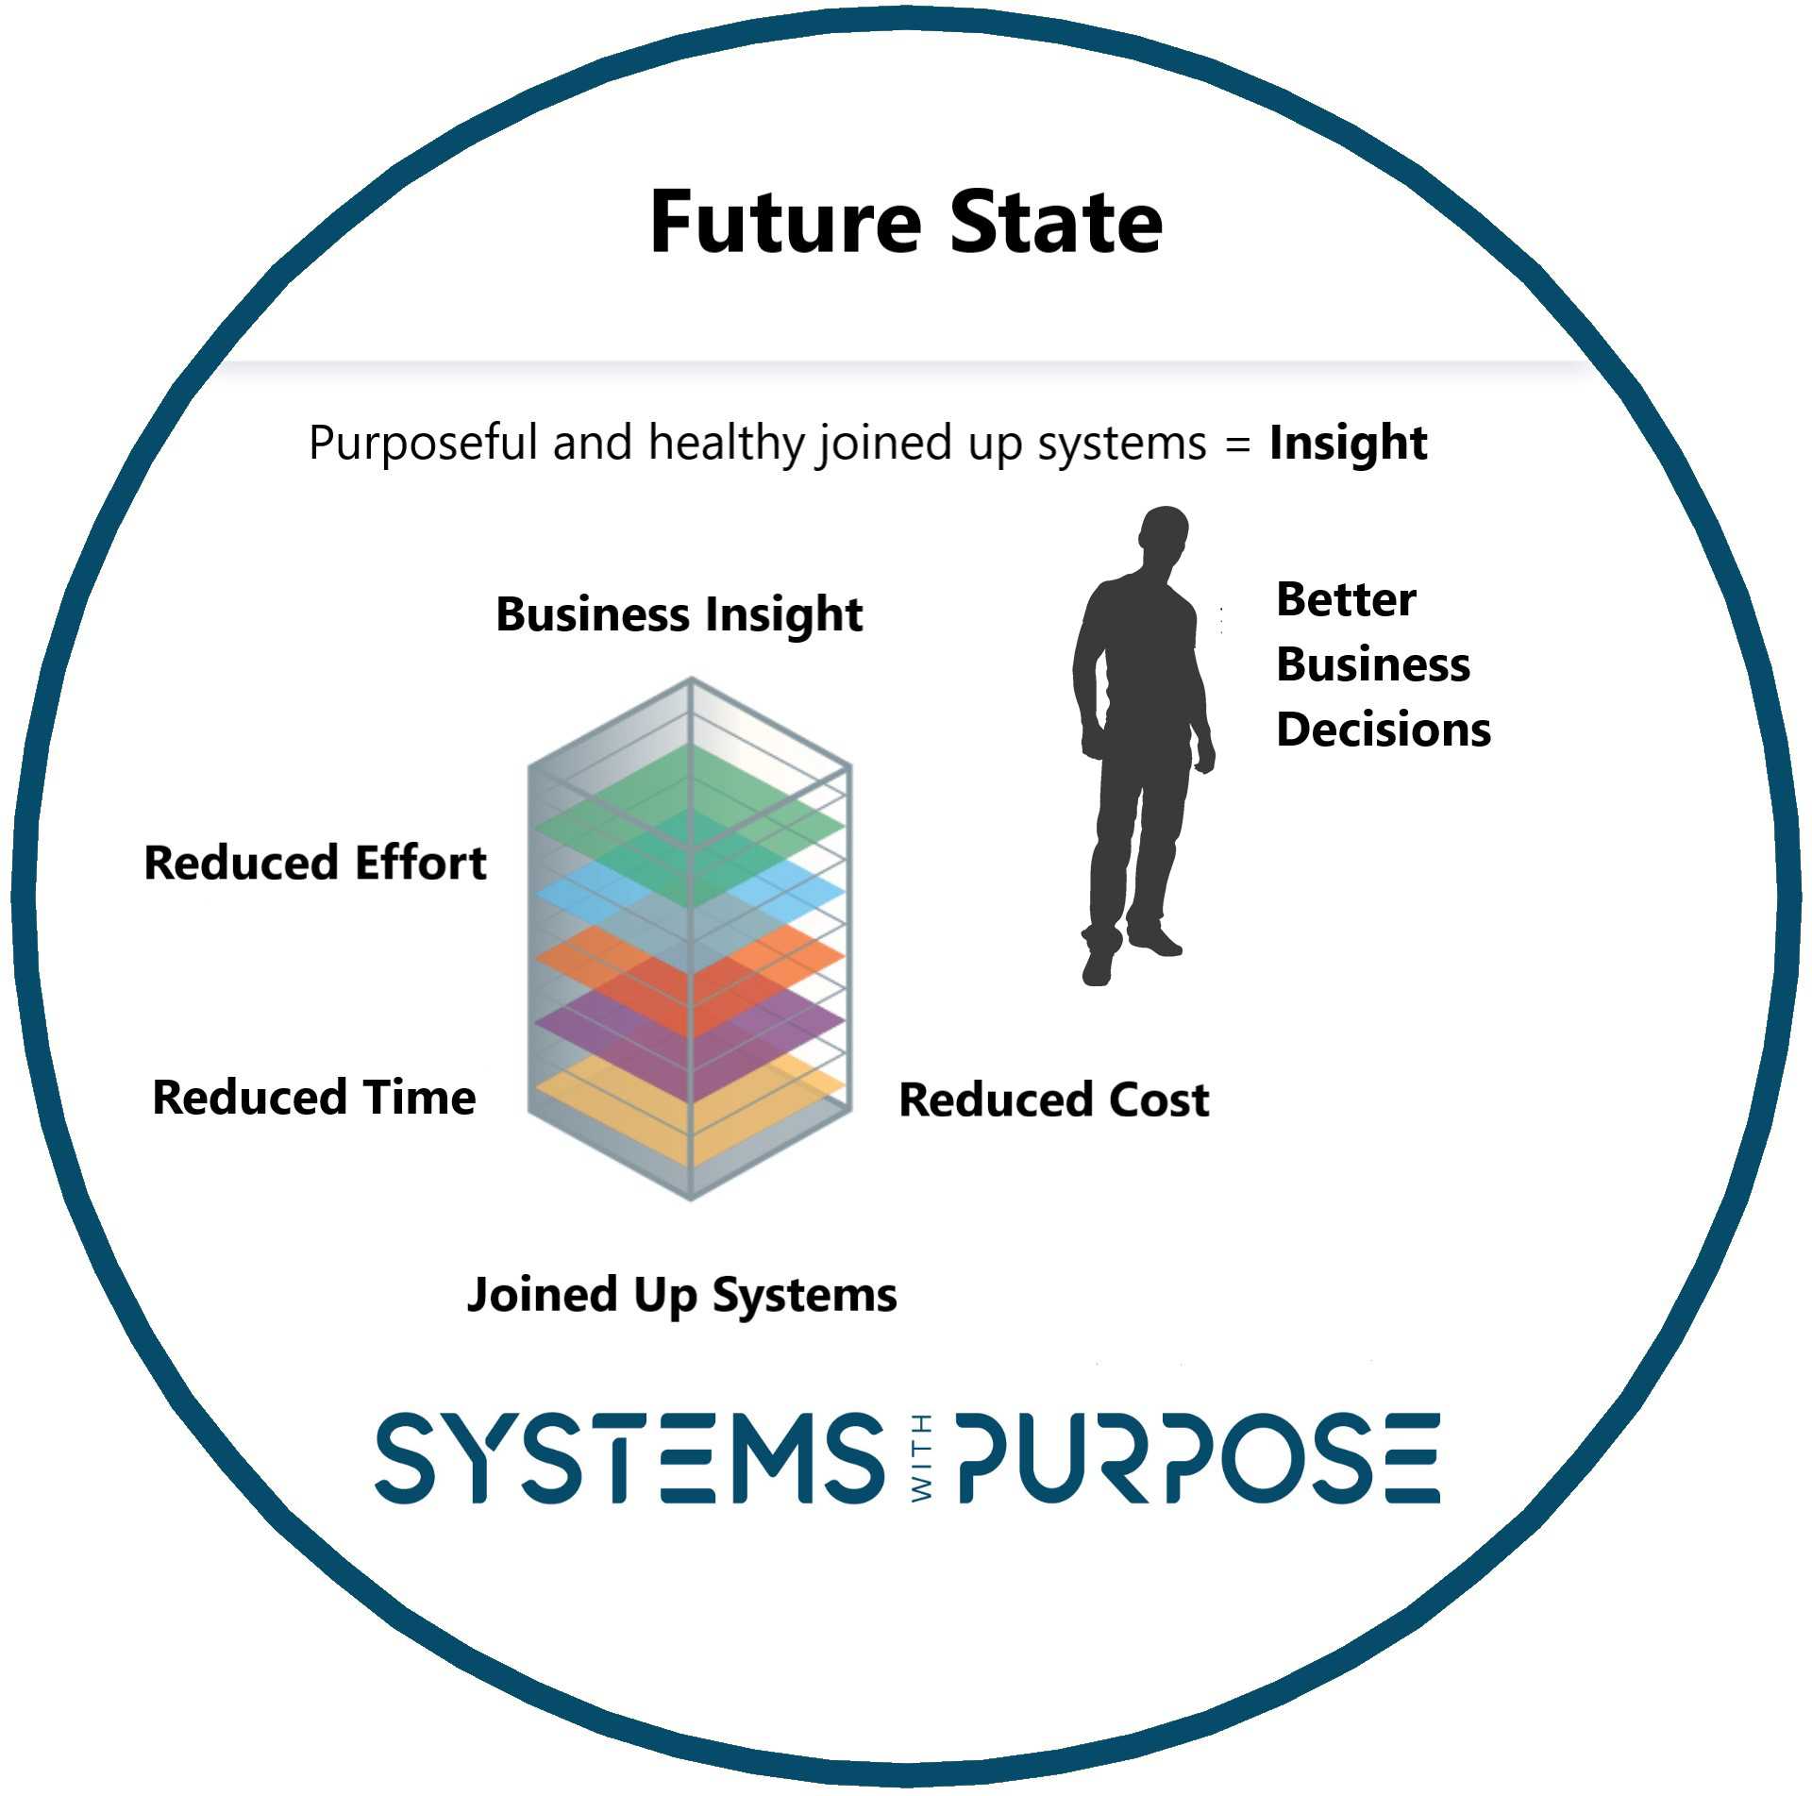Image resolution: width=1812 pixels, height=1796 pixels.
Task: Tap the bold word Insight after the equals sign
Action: [x=1348, y=443]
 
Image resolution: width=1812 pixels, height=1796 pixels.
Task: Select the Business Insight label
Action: [x=679, y=614]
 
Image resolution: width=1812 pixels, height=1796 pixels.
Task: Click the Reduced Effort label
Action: [x=315, y=863]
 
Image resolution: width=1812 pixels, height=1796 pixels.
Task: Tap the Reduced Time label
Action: [x=314, y=1098]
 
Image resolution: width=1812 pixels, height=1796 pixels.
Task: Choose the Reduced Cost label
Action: [x=1053, y=1099]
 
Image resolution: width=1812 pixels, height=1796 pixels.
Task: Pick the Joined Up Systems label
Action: [x=681, y=1295]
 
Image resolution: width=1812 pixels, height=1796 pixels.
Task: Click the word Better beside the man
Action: [x=1346, y=599]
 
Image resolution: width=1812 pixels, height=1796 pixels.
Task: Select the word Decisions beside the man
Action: [x=1384, y=730]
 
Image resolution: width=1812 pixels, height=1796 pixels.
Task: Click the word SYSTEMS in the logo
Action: [x=629, y=1458]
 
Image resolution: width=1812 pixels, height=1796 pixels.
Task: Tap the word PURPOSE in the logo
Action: [x=1199, y=1458]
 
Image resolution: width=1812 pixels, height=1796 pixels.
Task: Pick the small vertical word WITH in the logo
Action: [x=922, y=1458]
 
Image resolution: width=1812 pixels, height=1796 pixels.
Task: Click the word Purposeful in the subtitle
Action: [x=422, y=443]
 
